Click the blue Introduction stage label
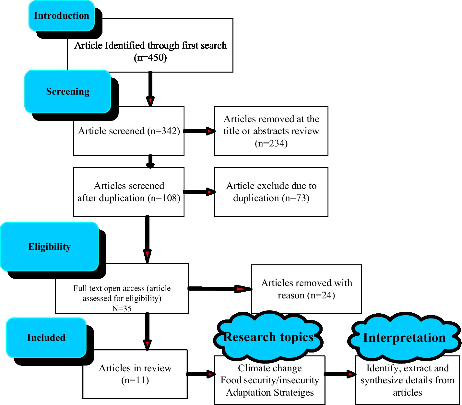[x=62, y=16]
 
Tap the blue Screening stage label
[x=68, y=92]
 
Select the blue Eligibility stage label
[x=49, y=247]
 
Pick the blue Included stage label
[x=46, y=338]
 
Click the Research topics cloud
[x=268, y=337]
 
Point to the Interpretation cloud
[x=404, y=338]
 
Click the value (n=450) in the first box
[x=150, y=58]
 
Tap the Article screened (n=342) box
[x=129, y=131]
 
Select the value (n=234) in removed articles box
[x=271, y=143]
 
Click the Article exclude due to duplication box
[x=271, y=192]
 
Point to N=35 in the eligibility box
[x=122, y=309]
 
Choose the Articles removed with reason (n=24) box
[x=306, y=289]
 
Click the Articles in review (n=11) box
[x=135, y=374]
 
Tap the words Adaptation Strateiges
[x=270, y=393]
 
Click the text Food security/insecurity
[x=270, y=380]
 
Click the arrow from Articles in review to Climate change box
[x=201, y=374]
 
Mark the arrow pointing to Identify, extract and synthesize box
[x=340, y=374]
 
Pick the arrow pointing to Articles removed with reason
[x=220, y=289]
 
